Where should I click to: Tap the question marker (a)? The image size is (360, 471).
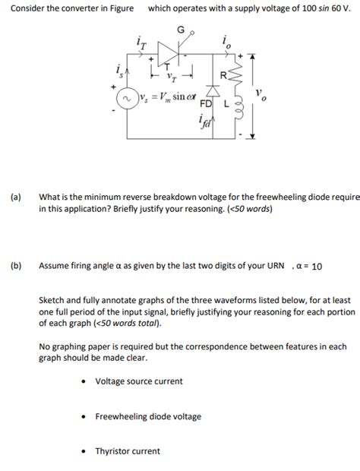pyautogui.click(x=15, y=196)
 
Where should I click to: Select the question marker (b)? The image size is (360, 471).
pyautogui.click(x=15, y=266)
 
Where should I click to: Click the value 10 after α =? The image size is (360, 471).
pyautogui.click(x=317, y=267)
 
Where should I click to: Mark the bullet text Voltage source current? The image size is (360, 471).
pyautogui.click(x=138, y=381)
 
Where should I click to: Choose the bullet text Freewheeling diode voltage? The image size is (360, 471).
pyautogui.click(x=147, y=416)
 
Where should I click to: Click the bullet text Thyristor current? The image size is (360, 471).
pyautogui.click(x=127, y=451)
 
